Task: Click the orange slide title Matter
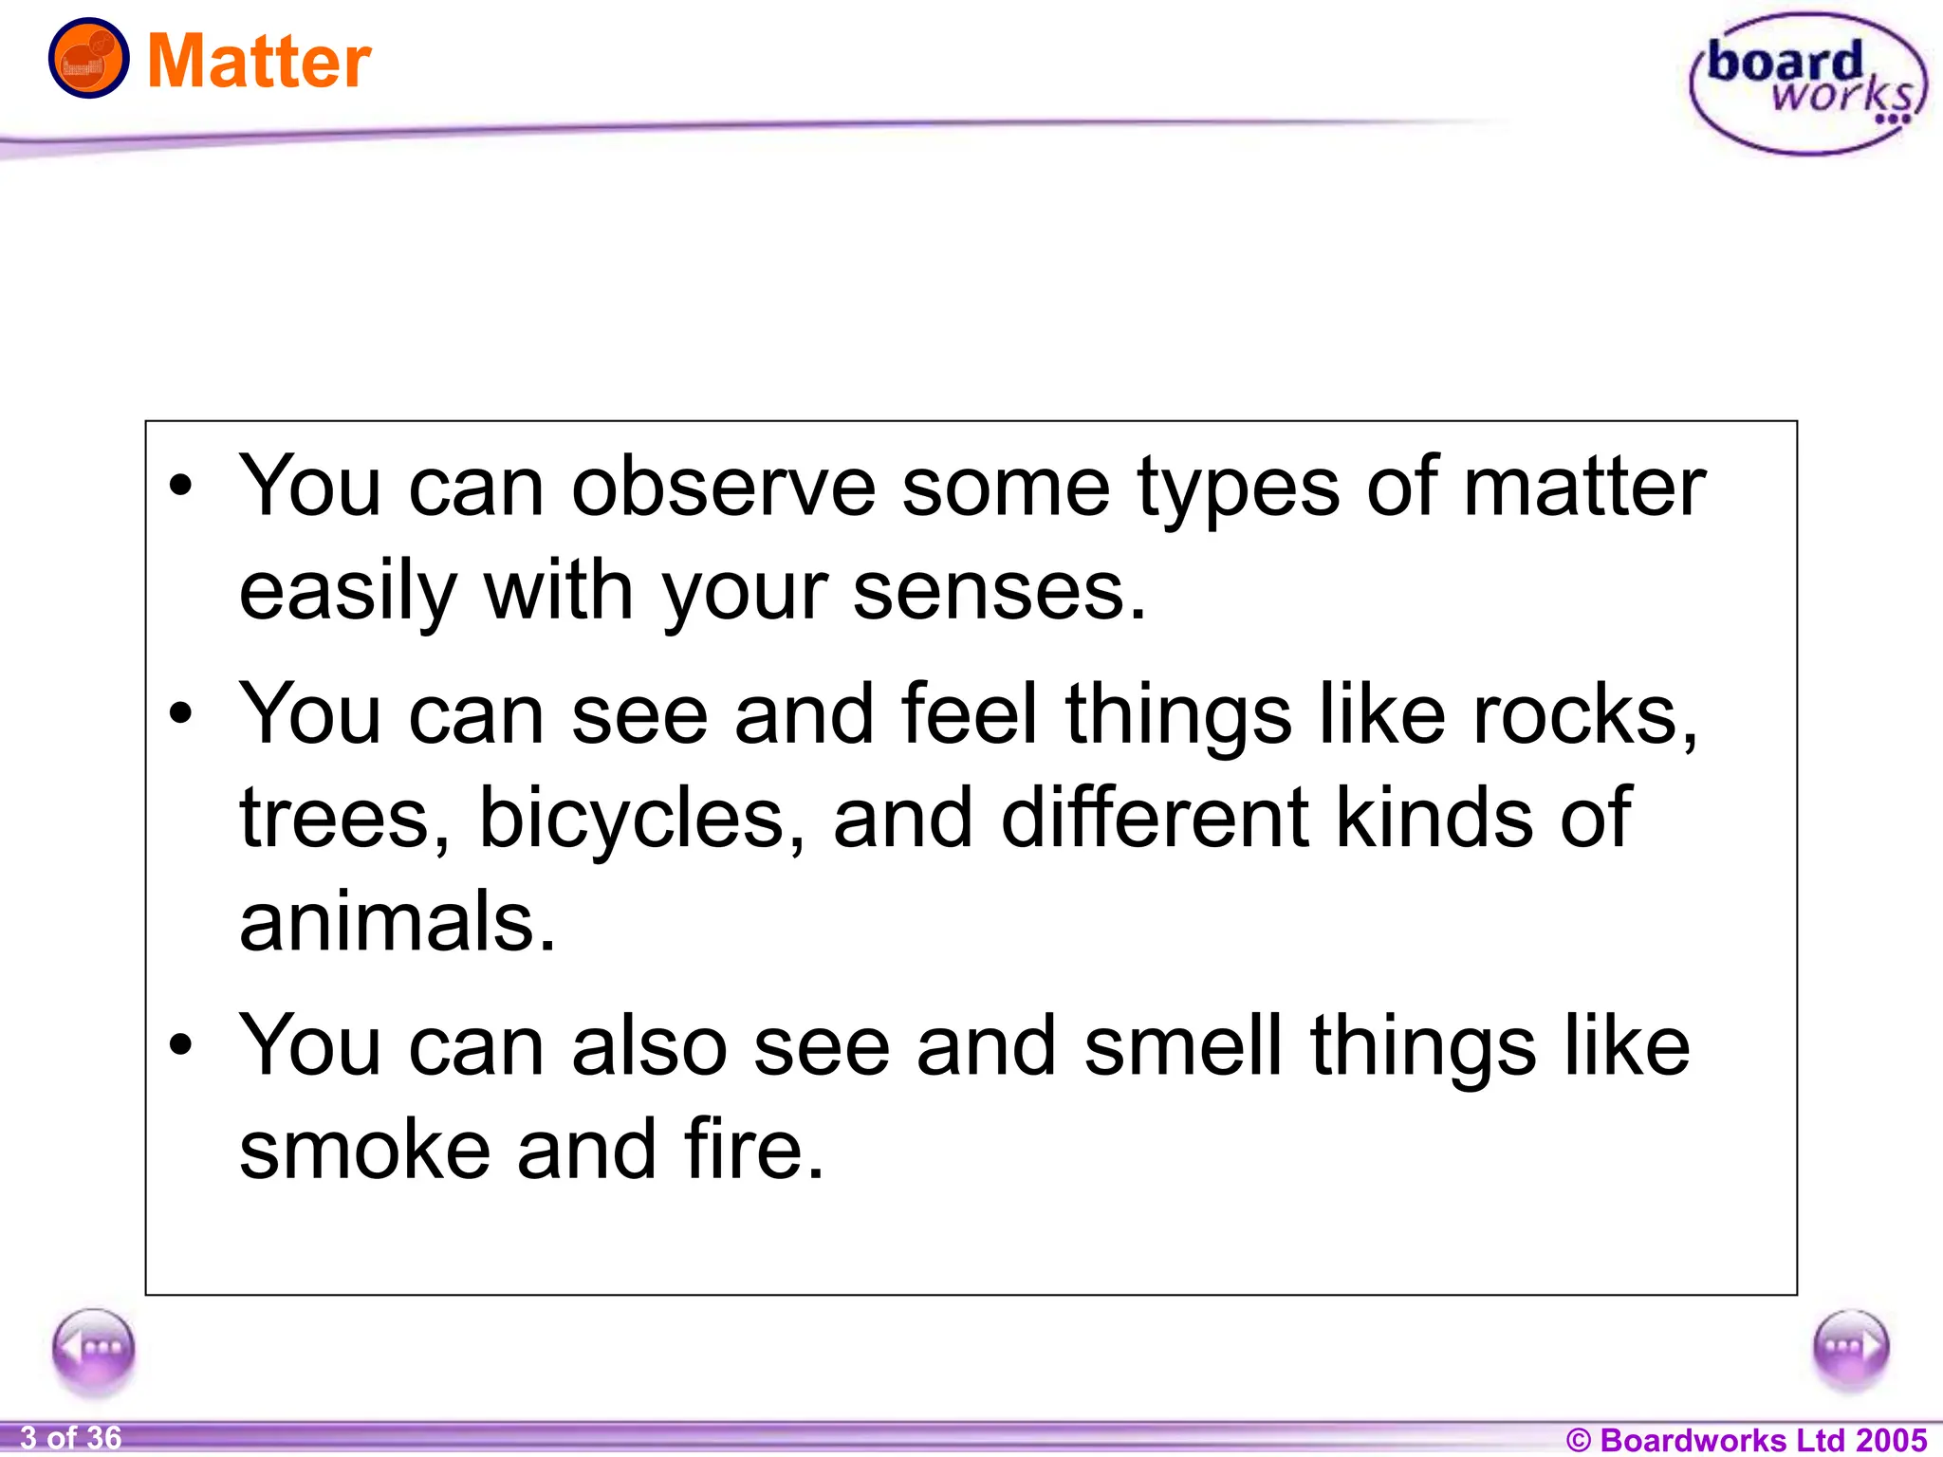259,62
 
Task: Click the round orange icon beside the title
88,59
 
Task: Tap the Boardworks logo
1808,84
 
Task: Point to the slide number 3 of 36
71,1438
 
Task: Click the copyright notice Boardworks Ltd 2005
1746,1439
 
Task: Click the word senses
999,591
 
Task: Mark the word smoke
364,1150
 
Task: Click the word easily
348,593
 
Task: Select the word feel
970,714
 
